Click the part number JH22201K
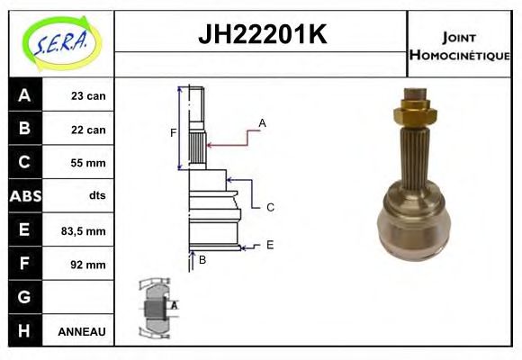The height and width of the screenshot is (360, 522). (x=261, y=35)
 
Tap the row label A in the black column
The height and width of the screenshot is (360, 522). (x=24, y=95)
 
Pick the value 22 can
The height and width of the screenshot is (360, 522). (x=88, y=130)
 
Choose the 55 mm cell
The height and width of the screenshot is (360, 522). (x=88, y=163)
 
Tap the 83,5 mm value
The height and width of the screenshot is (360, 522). (x=84, y=231)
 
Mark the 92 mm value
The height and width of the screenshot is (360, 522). (x=88, y=265)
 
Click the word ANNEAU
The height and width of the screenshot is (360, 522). (x=82, y=332)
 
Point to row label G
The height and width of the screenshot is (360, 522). (x=24, y=298)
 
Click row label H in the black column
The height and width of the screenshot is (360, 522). (x=24, y=331)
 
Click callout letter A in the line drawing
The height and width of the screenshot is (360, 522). (x=262, y=122)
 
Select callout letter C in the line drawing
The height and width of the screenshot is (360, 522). (x=269, y=207)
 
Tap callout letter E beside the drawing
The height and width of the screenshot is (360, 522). (x=269, y=244)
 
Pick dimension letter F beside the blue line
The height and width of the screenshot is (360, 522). (x=174, y=133)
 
